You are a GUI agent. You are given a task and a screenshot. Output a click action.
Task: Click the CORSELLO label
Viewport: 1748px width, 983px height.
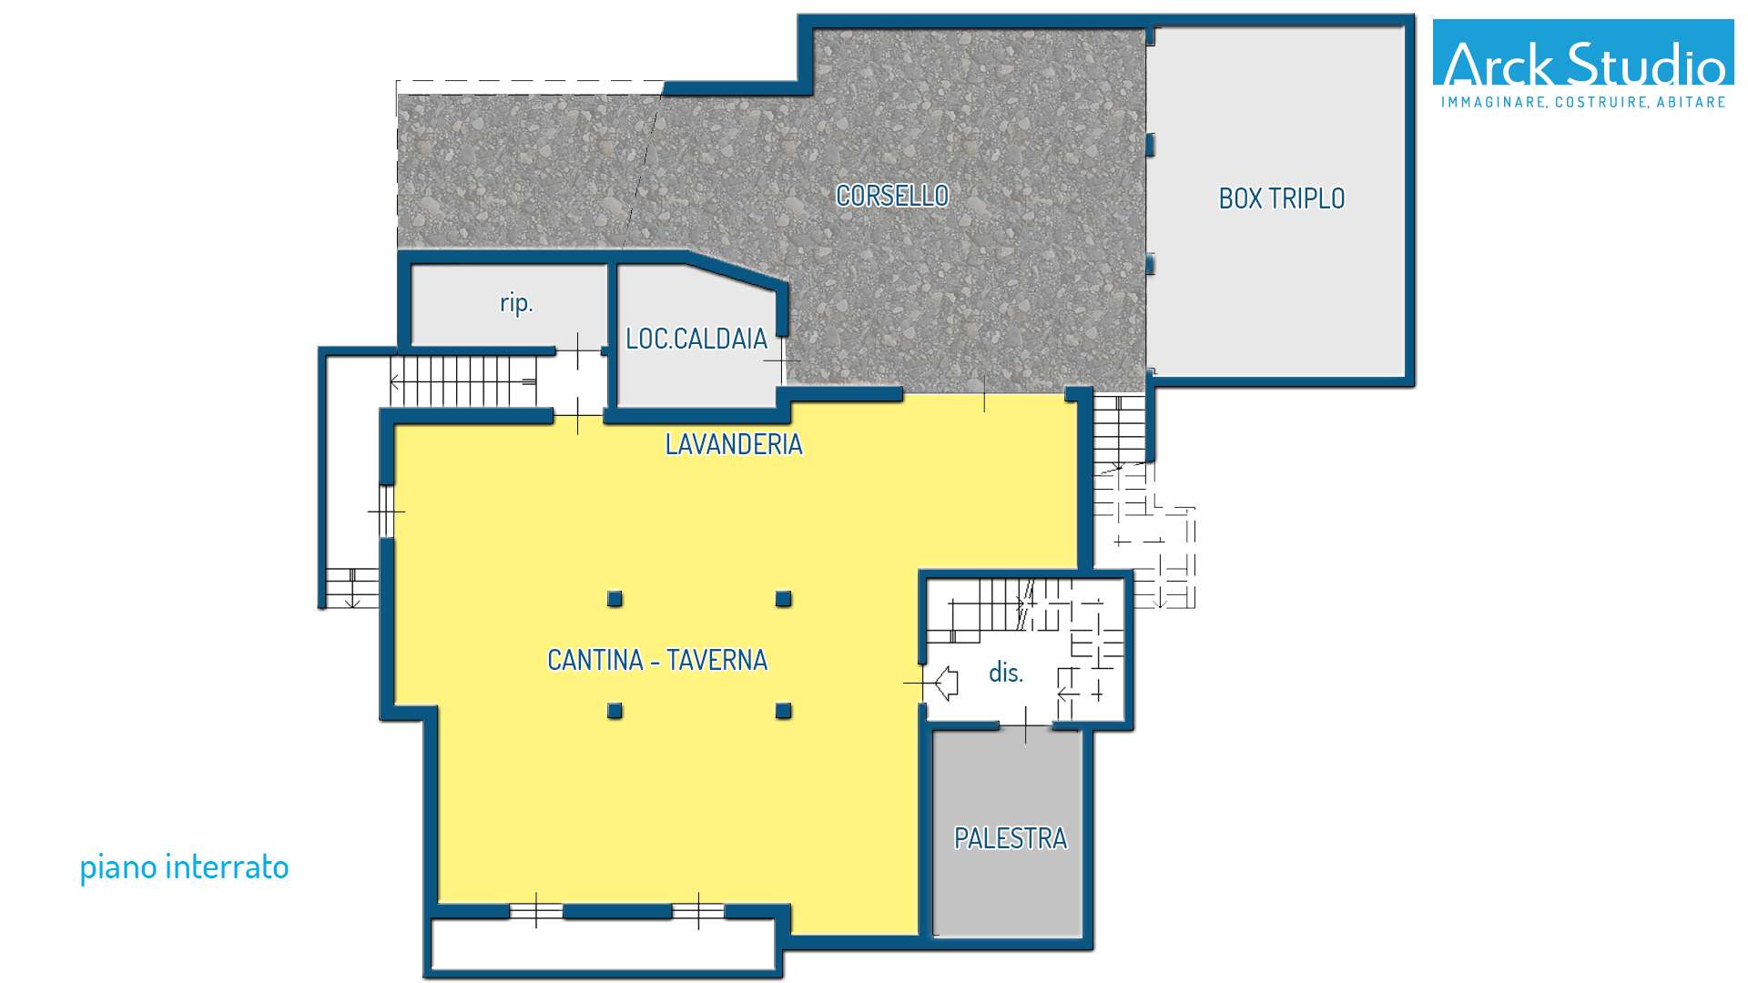pos(892,196)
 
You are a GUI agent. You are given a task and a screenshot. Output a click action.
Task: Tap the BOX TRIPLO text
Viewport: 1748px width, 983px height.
pos(1282,198)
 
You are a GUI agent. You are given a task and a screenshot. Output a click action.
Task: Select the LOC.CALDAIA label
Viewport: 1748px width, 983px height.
pos(696,339)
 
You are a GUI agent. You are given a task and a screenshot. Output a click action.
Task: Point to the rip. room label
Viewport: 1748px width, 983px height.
pos(516,303)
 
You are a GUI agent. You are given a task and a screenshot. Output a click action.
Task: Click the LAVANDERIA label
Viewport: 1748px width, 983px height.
pos(734,444)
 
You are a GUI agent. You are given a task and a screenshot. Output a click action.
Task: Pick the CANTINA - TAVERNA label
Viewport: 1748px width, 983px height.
pos(657,660)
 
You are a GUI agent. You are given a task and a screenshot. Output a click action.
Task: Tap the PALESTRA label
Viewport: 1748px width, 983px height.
pos(1011,838)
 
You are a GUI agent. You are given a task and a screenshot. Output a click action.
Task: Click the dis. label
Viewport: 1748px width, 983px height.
pos(1006,673)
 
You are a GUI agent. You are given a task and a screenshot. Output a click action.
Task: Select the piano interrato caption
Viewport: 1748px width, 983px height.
pos(184,867)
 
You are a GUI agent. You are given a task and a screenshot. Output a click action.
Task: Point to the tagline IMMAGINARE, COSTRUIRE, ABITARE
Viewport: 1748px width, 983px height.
pos(1583,102)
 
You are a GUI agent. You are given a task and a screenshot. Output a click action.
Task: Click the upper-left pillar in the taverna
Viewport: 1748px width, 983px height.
pos(615,599)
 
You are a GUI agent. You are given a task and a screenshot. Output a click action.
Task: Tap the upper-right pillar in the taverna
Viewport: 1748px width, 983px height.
pos(783,599)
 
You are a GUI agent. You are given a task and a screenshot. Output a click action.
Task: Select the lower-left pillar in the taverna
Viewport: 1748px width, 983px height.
pos(615,711)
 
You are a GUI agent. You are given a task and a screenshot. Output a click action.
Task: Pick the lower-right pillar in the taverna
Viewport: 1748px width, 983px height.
pos(783,711)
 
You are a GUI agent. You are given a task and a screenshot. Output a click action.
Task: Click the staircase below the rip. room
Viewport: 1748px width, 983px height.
pos(463,380)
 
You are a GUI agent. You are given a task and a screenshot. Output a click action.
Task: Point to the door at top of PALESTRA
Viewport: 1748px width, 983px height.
pos(1026,725)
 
